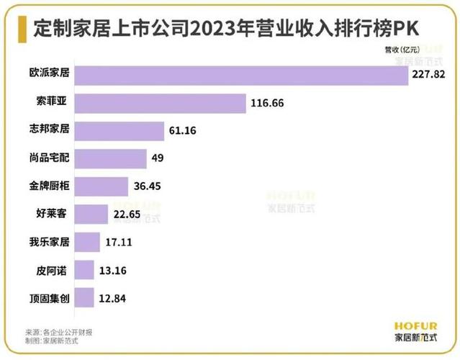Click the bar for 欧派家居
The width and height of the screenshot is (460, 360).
242,76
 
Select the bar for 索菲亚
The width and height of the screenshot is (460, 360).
161,103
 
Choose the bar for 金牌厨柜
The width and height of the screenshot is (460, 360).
102,186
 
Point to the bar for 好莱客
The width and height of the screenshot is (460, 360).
91,214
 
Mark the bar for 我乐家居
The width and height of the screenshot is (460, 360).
87,241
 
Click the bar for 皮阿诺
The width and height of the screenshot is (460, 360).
85,269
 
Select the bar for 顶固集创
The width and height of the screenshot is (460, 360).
84,297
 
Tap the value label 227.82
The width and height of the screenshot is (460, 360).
428,75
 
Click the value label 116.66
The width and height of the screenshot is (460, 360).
268,103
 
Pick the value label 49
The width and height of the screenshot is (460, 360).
158,158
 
